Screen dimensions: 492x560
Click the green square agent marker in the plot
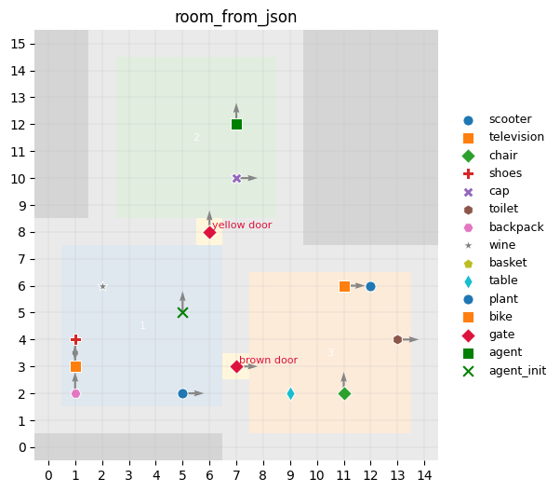pos(236,124)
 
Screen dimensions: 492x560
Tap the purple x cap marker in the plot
pos(236,178)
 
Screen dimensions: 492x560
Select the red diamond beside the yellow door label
pos(209,232)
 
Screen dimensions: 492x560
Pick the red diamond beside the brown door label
pos(236,366)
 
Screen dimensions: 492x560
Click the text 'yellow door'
pos(242,225)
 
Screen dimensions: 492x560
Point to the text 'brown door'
pos(268,360)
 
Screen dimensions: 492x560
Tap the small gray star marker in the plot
pos(102,286)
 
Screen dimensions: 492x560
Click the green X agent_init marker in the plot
pos(182,312)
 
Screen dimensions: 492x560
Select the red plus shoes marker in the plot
pos(75,339)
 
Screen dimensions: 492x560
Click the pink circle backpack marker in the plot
pos(75,393)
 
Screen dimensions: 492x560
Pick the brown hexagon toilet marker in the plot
pos(397,339)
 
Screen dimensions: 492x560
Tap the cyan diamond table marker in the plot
pos(290,393)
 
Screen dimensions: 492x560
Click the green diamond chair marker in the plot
pos(344,393)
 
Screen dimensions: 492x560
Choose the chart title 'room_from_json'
pos(236,18)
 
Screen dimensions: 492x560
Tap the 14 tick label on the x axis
pos(424,475)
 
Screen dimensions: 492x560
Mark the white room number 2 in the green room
pos(196,138)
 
